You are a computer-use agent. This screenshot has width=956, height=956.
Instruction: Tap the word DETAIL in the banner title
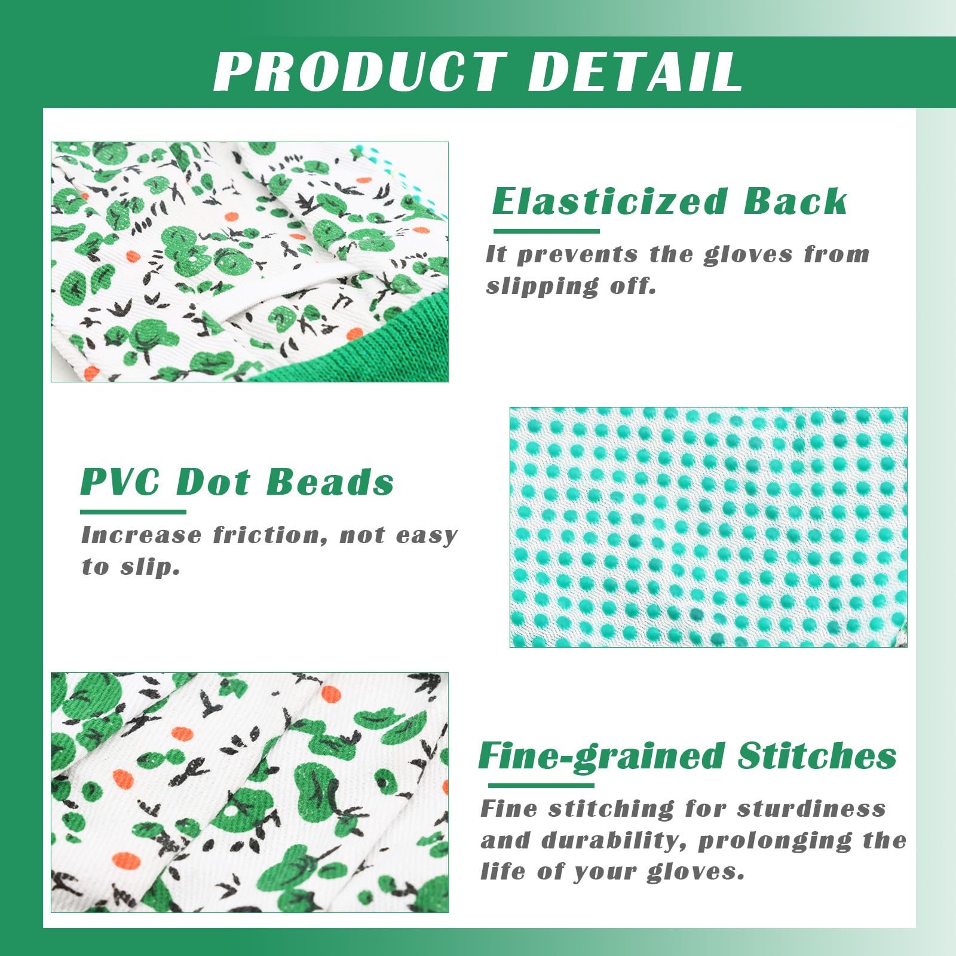635,71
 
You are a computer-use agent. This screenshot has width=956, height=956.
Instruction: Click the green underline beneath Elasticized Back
546,231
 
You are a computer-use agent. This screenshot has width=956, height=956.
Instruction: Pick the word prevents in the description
577,255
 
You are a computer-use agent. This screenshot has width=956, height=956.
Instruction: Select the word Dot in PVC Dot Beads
213,482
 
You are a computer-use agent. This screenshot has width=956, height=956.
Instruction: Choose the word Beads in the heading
330,482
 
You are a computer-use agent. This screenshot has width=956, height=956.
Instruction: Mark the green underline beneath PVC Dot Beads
133,512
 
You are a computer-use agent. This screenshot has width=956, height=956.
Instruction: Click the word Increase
141,535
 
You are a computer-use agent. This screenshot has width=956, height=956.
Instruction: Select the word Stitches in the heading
817,756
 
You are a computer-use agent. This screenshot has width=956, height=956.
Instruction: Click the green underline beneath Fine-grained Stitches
541,785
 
